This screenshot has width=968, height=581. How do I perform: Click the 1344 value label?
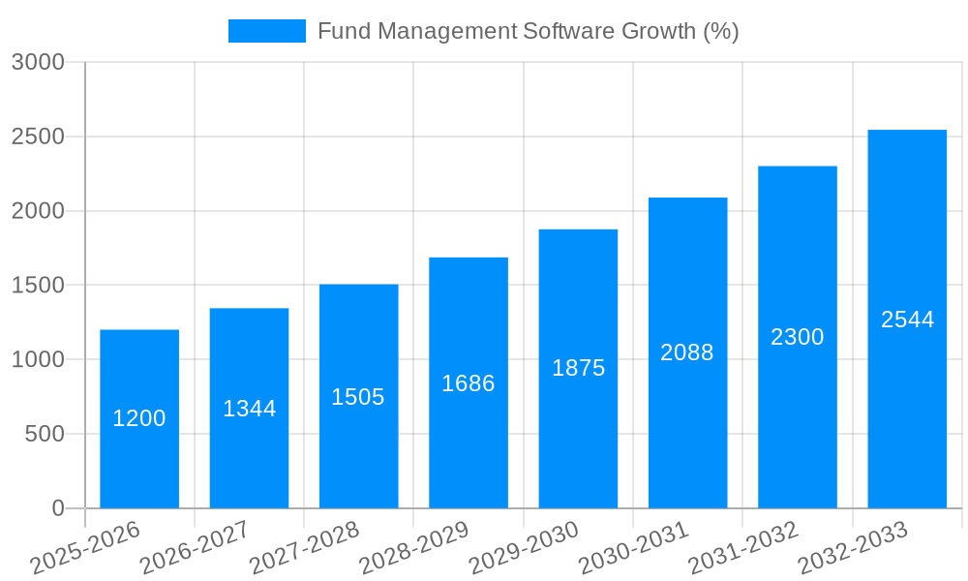250,409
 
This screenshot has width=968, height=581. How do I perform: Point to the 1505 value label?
358,397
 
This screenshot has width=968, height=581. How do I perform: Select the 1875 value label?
578,368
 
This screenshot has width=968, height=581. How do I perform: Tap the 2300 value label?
798,337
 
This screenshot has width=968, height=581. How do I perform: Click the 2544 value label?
907,320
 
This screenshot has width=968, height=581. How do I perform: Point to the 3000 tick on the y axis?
38,63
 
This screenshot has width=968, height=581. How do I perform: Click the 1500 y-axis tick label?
38,286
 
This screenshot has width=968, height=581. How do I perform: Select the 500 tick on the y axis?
45,435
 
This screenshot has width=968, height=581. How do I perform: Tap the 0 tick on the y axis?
57,508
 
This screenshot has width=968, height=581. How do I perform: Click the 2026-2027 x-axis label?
195,548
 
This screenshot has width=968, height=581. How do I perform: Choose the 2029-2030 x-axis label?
524,548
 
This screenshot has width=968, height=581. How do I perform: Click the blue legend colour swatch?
266,31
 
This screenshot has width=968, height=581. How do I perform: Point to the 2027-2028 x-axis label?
304,548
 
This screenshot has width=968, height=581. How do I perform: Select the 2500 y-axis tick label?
38,138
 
